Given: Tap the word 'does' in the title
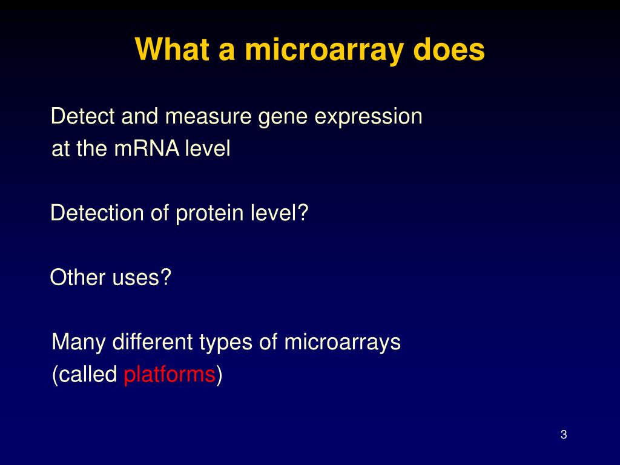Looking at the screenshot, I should point(449,50).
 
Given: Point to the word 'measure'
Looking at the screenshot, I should point(209,116).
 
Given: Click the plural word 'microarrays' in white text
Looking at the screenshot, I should point(343,343).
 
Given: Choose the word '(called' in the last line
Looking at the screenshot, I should point(85,375).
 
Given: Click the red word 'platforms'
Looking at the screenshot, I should point(170,375).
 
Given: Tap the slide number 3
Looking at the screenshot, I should point(564,435).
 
